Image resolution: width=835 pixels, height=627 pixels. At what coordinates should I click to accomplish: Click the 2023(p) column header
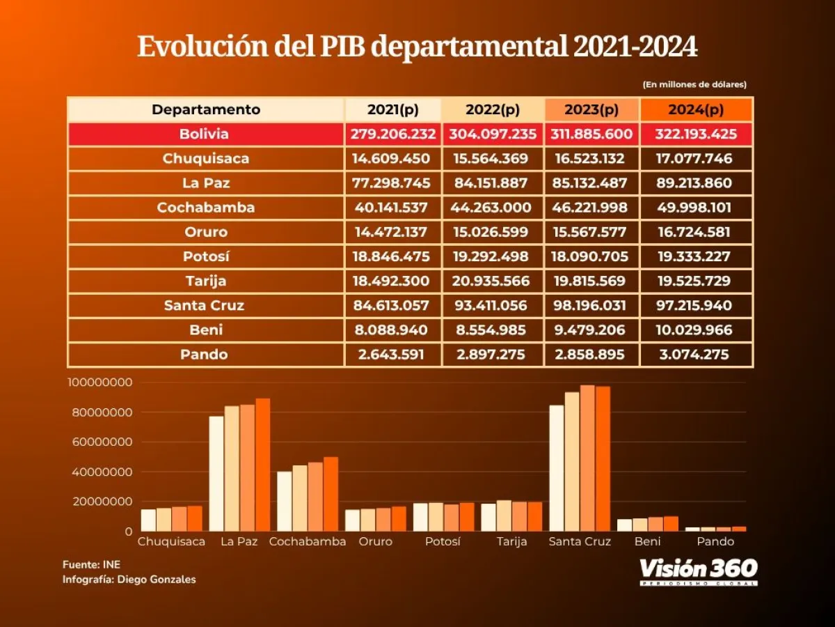[591, 109]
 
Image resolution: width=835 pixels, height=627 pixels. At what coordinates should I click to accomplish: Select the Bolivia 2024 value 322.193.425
[695, 134]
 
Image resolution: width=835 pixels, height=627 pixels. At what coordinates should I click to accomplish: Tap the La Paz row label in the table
[205, 183]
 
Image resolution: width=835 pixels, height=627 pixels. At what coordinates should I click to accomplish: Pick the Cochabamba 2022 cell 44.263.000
[493, 208]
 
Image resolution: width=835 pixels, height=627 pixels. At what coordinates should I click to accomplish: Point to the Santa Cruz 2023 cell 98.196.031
[591, 305]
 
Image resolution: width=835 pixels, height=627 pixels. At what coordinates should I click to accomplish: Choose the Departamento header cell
[206, 109]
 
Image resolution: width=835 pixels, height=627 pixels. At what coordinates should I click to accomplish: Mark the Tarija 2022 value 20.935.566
[493, 281]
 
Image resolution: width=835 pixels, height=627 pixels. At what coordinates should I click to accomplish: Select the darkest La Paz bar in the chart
[262, 465]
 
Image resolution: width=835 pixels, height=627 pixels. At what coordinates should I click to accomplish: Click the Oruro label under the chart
[376, 541]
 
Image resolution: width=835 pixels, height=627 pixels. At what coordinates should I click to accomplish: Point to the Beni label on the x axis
[647, 541]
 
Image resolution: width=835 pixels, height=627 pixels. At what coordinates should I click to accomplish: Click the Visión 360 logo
[698, 571]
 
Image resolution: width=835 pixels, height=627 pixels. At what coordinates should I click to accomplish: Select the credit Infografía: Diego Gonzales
[129, 580]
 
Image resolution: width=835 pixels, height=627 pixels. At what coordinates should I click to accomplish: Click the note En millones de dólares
[694, 84]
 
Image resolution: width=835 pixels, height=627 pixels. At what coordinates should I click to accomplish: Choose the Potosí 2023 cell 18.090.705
[591, 256]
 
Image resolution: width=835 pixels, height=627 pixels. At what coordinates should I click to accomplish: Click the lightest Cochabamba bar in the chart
[285, 501]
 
